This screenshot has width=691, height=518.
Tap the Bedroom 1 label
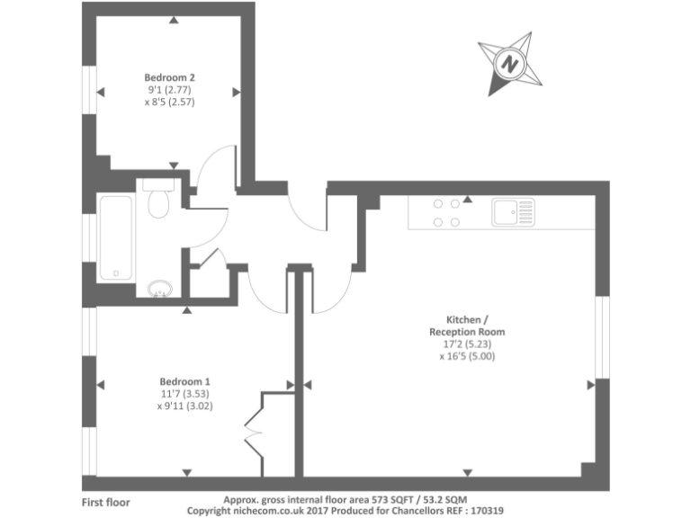[186, 380]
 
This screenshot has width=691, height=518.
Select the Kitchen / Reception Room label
[467, 326]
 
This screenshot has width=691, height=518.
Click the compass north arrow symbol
[510, 63]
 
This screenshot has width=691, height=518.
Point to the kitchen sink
[512, 212]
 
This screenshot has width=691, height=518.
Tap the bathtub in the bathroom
[115, 237]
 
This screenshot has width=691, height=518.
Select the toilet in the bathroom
[159, 202]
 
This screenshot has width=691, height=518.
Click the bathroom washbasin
[160, 289]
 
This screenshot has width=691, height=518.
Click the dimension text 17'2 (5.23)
[467, 344]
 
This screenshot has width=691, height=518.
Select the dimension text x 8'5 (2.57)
[169, 103]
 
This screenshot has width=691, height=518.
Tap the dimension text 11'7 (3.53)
[186, 393]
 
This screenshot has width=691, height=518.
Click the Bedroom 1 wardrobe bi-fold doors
[255, 433]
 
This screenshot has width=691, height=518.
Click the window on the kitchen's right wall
[602, 336]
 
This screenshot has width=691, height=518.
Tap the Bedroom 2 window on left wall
[90, 91]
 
